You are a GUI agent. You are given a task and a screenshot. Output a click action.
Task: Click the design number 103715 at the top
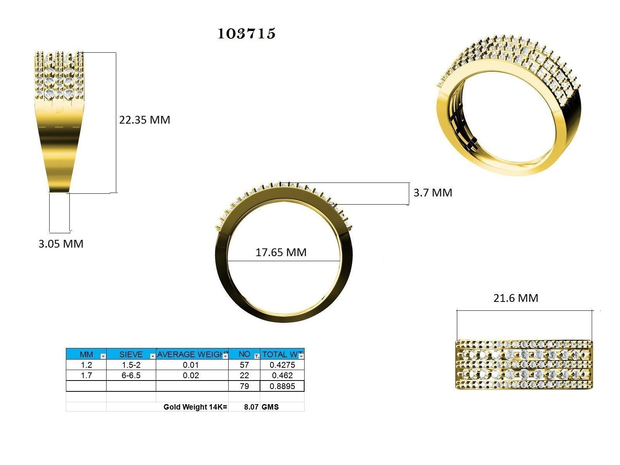(x=246, y=34)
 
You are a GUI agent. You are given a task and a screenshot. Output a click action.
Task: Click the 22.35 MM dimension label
(x=145, y=120)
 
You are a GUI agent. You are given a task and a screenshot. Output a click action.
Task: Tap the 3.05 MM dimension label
(x=61, y=244)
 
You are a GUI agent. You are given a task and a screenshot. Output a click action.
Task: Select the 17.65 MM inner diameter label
(x=281, y=252)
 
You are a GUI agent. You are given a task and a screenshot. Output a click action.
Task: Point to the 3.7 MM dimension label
(x=433, y=193)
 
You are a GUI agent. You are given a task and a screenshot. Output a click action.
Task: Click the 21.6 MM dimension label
(x=516, y=298)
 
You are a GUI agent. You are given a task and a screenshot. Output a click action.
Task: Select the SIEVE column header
(x=131, y=354)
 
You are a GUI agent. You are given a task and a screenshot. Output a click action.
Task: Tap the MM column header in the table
(x=86, y=354)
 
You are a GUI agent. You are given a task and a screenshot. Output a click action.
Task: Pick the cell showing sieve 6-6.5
(x=131, y=375)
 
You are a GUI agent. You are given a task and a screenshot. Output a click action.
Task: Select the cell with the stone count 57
(x=244, y=365)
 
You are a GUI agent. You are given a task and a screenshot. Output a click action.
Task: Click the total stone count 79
(x=244, y=386)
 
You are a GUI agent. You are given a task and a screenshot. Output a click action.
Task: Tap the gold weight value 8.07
(x=251, y=407)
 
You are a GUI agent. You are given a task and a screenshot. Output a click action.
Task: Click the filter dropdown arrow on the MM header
(x=103, y=356)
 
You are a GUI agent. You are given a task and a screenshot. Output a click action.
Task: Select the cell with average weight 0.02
(x=192, y=375)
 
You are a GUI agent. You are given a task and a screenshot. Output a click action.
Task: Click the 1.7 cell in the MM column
(x=86, y=375)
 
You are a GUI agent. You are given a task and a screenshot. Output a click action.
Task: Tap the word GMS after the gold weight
(x=270, y=407)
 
